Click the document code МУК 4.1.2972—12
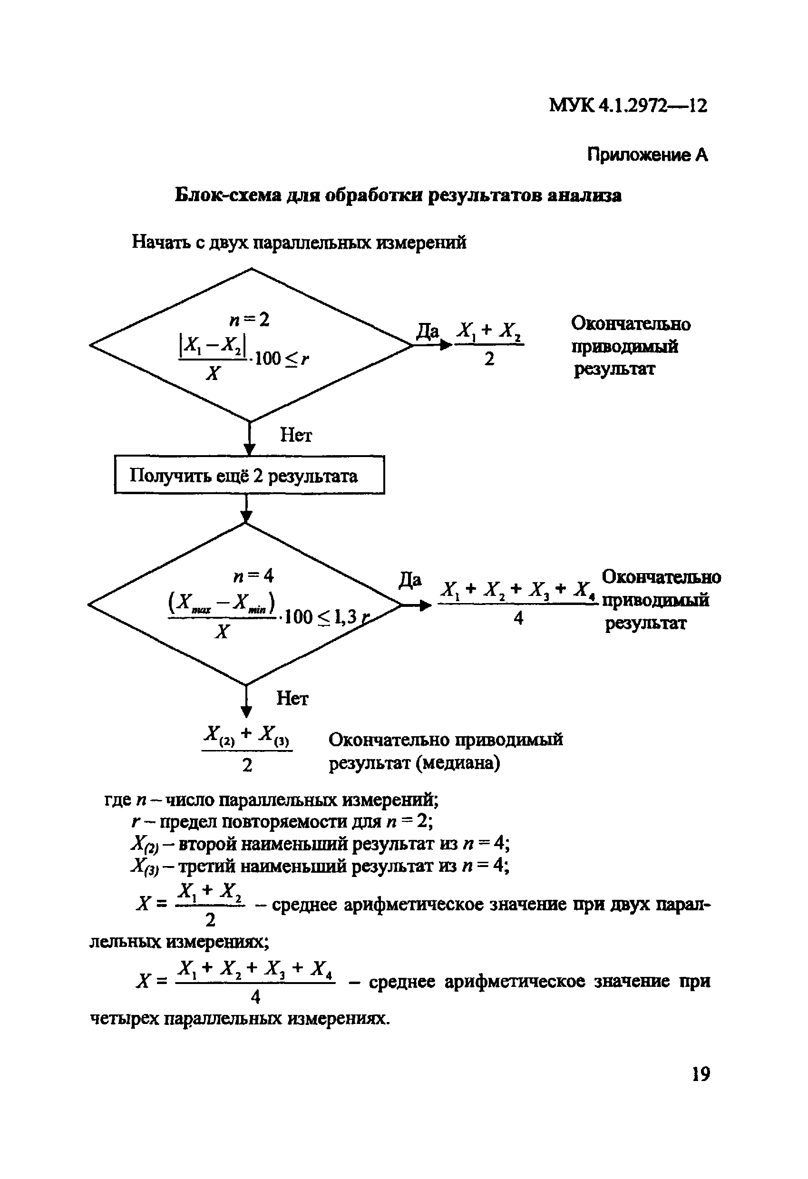click(628, 106)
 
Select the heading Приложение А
click(647, 155)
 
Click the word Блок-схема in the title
click(228, 195)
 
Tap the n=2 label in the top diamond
click(249, 320)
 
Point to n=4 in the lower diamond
click(253, 576)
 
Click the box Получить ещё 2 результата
click(249, 475)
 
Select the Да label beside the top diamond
click(427, 332)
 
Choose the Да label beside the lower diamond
click(410, 580)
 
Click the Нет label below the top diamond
click(296, 435)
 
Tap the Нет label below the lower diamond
click(292, 699)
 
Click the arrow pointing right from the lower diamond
click(418, 605)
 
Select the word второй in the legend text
click(207, 844)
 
